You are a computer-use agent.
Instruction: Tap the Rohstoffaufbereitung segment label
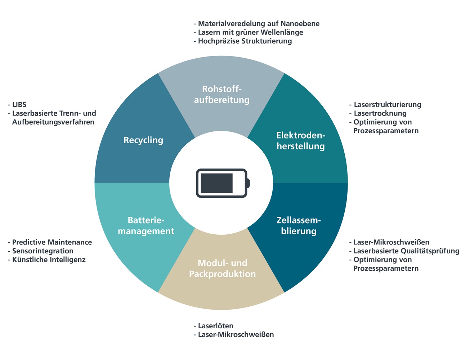click(x=222, y=94)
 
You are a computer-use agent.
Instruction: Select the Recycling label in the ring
click(x=143, y=140)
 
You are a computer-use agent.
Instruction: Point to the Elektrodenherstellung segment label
click(x=301, y=141)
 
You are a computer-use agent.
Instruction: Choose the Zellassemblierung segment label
click(x=299, y=226)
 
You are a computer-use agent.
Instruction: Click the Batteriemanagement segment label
click(x=146, y=226)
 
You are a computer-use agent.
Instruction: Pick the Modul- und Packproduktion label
click(x=222, y=268)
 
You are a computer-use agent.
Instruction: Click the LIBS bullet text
click(x=19, y=105)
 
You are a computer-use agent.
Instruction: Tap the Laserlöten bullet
click(x=215, y=326)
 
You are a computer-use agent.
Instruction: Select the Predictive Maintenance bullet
click(x=52, y=242)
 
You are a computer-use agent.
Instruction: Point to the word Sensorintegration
click(x=43, y=251)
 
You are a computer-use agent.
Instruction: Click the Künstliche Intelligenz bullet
click(x=49, y=260)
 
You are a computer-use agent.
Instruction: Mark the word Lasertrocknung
click(x=380, y=113)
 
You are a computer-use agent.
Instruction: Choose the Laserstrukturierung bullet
click(x=387, y=105)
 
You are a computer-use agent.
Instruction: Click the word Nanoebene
click(x=301, y=24)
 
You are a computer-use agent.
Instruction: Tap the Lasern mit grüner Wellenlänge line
click(x=250, y=32)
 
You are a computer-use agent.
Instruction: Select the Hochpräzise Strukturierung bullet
click(x=245, y=41)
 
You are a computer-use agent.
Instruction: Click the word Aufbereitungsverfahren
click(x=53, y=122)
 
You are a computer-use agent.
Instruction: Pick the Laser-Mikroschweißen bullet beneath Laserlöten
click(x=236, y=335)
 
